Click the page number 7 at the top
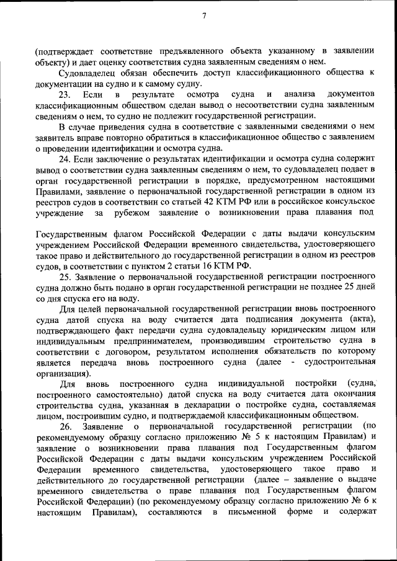coord(203,16)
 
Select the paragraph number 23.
coord(65,94)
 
